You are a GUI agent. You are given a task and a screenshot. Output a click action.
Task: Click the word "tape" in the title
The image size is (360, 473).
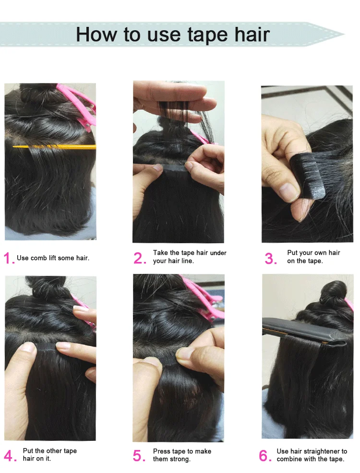pyautogui.click(x=208, y=35)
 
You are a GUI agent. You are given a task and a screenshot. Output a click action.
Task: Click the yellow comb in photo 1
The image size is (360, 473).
pyautogui.click(x=54, y=147)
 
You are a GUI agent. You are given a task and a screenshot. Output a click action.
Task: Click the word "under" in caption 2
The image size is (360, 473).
pyautogui.click(x=218, y=253)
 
